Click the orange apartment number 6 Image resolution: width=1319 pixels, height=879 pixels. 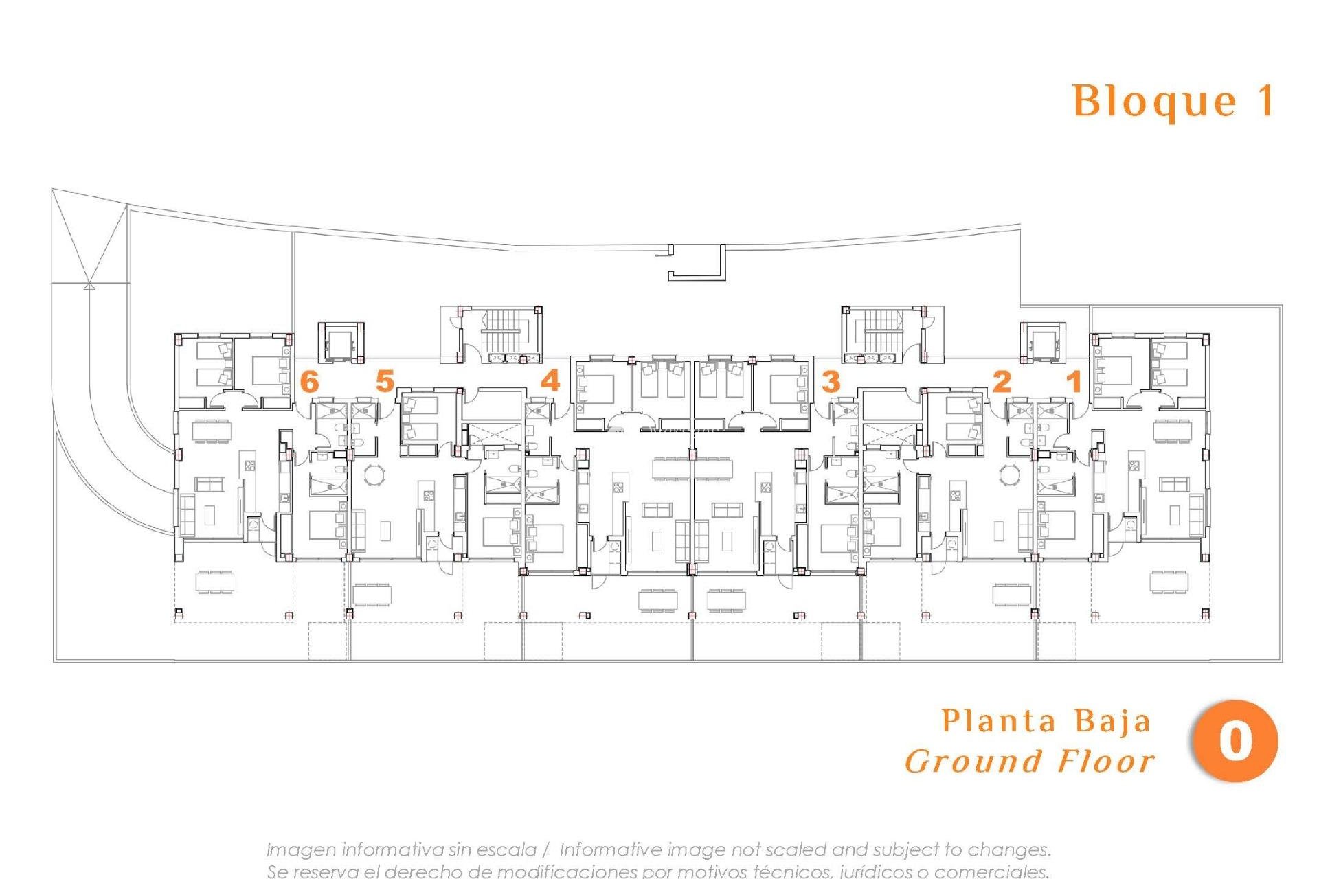(x=311, y=381)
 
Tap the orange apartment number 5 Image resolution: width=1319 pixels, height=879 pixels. (x=385, y=381)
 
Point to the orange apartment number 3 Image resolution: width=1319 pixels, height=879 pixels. (x=831, y=381)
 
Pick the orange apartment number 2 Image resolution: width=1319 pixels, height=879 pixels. (x=1002, y=381)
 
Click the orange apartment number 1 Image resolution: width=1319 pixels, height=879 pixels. (x=1074, y=381)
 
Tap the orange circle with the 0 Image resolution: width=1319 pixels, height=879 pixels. (x=1235, y=741)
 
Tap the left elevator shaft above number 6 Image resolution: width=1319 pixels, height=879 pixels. (x=339, y=341)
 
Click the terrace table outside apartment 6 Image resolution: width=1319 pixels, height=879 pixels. (x=215, y=582)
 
